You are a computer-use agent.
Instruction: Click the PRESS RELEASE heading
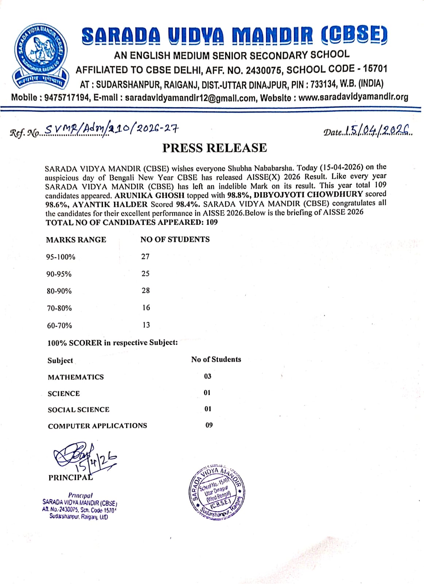click(x=215, y=148)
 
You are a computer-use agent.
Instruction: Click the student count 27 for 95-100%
click(x=145, y=257)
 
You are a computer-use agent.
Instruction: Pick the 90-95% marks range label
click(x=59, y=274)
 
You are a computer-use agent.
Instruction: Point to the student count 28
click(x=146, y=291)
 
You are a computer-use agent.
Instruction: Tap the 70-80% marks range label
click(x=59, y=308)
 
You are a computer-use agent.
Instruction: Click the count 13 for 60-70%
click(x=146, y=325)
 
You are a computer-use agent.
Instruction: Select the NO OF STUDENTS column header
click(x=175, y=239)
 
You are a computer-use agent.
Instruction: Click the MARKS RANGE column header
click(x=76, y=240)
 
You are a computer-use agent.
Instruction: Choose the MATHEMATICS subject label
click(x=76, y=377)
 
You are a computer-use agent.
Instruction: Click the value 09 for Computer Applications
click(x=209, y=425)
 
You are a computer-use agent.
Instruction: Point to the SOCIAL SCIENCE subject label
click(x=78, y=410)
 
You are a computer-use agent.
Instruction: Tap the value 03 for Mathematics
click(x=208, y=376)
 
